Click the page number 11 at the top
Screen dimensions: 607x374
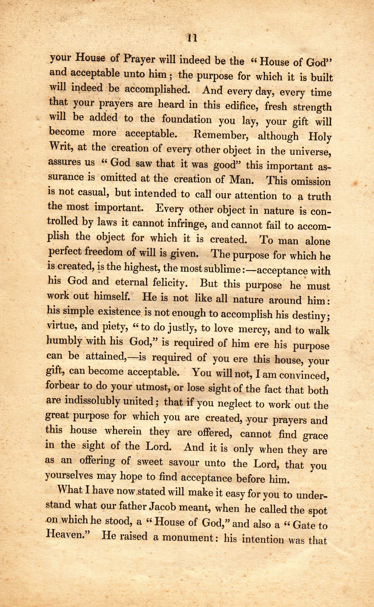[x=192, y=38]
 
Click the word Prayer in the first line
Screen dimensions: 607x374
[x=139, y=59]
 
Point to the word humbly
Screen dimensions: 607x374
[x=64, y=341]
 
